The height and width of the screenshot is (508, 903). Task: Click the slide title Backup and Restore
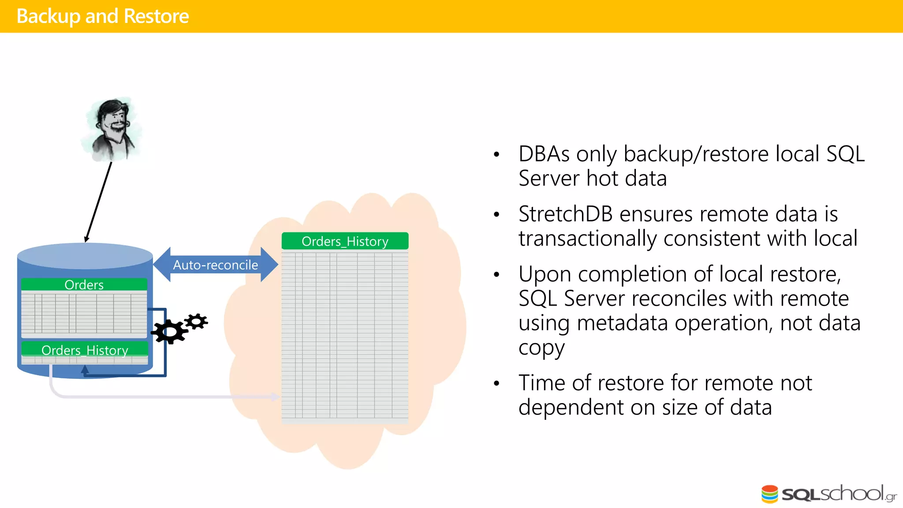pyautogui.click(x=102, y=16)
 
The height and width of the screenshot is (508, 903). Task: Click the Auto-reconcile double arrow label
pyautogui.click(x=215, y=265)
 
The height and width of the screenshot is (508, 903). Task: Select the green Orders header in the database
pyautogui.click(x=84, y=284)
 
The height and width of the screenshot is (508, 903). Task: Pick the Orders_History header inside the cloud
pyautogui.click(x=345, y=241)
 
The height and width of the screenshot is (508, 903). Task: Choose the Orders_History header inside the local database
pyautogui.click(x=85, y=350)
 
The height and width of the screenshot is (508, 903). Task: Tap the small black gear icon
pyautogui.click(x=196, y=321)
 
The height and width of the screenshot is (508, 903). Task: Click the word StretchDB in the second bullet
pyautogui.click(x=565, y=214)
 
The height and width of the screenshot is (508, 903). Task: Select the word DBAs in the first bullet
pyautogui.click(x=544, y=154)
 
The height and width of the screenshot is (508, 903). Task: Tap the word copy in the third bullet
pyautogui.click(x=541, y=348)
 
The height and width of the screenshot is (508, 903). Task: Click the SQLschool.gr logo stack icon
pyautogui.click(x=769, y=494)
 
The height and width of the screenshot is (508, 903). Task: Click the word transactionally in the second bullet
pyautogui.click(x=588, y=239)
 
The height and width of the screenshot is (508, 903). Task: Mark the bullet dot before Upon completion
pyautogui.click(x=496, y=275)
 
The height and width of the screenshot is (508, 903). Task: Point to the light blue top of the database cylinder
pyautogui.click(x=85, y=256)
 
